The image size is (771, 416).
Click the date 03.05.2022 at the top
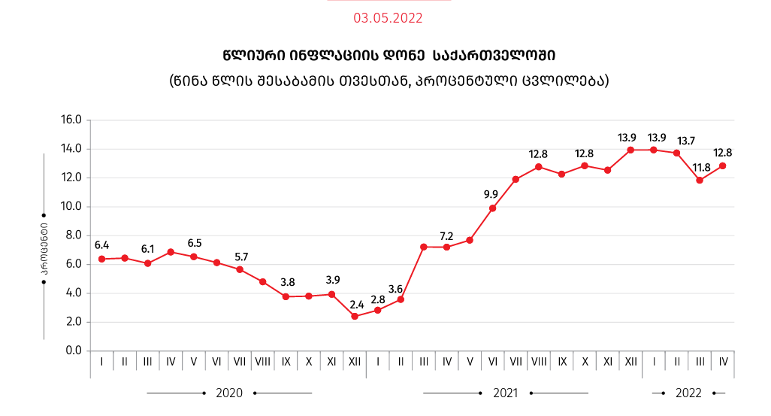(388, 18)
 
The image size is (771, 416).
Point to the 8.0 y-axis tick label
(73, 235)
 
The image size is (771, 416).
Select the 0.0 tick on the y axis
(73, 351)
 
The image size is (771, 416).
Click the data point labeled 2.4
(355, 316)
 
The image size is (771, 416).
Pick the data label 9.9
(491, 194)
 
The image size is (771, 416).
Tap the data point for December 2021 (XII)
(630, 150)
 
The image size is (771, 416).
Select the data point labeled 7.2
(424, 247)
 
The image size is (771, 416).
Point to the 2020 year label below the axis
(229, 393)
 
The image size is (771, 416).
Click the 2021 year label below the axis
(506, 393)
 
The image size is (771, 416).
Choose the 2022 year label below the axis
(688, 393)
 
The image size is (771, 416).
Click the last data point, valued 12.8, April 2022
(723, 165)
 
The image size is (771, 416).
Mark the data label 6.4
(102, 245)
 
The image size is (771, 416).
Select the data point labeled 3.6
(401, 299)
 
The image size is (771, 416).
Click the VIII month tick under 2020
(262, 362)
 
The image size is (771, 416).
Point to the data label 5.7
(240, 257)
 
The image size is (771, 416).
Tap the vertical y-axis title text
(44, 245)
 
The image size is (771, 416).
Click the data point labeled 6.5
(194, 257)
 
